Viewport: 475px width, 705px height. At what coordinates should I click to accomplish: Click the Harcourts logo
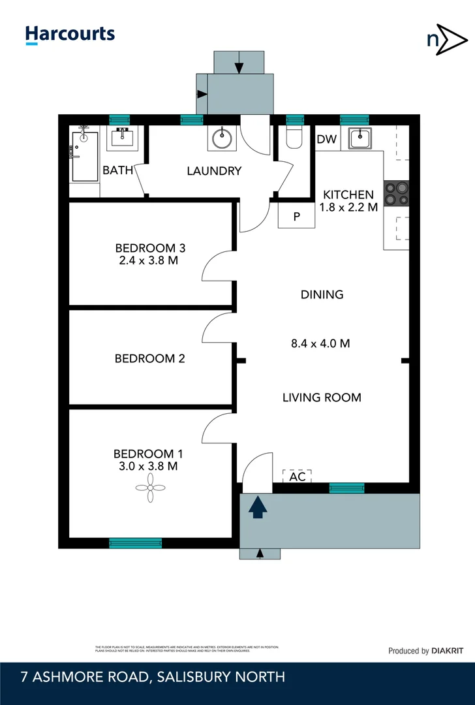70,35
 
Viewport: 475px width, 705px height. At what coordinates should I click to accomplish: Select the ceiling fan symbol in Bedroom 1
149,488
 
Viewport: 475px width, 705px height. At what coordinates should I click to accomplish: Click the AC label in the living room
298,477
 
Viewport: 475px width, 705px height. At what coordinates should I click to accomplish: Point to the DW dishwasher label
326,140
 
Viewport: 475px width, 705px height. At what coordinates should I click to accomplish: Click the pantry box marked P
296,217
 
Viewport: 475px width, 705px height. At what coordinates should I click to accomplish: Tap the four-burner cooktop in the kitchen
396,194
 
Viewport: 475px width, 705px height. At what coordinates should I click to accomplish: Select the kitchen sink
360,139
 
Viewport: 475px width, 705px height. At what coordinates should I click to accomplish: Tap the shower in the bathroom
84,157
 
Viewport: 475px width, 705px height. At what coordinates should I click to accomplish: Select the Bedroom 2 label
149,358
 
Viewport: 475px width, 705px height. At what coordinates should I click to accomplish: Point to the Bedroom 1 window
135,542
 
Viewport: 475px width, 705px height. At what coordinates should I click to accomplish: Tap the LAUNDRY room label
214,171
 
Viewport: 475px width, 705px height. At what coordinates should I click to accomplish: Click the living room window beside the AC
346,488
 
